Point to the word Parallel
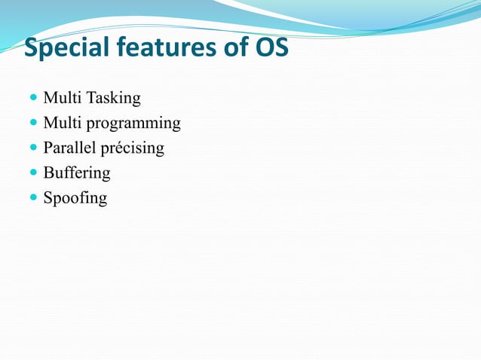[66, 148]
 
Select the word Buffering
[76, 173]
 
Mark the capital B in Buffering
[48, 172]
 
